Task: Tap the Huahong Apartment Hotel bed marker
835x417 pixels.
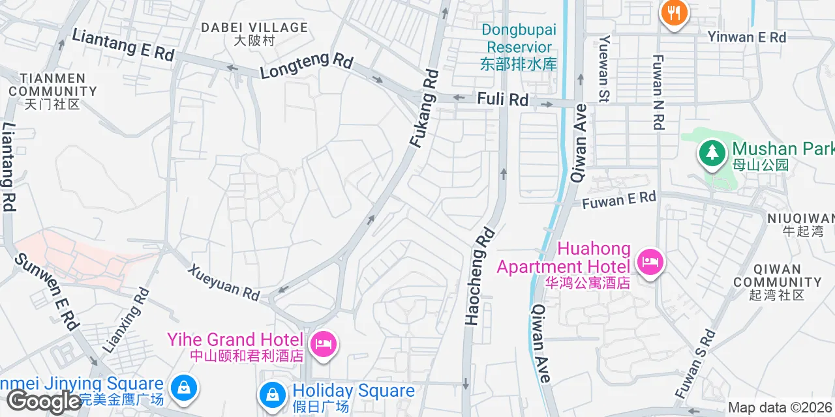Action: click(x=650, y=263)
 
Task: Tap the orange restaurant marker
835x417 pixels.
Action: click(x=673, y=12)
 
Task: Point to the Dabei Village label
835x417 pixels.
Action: click(x=254, y=33)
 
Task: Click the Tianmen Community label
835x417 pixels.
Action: click(x=52, y=91)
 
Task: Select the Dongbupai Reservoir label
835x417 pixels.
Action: click(x=519, y=47)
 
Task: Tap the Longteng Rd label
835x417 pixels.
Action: click(x=307, y=66)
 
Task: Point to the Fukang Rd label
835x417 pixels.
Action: click(x=425, y=108)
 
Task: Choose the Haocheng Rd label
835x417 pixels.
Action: click(x=479, y=276)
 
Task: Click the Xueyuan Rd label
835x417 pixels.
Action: click(x=224, y=281)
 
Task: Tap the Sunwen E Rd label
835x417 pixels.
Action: click(x=48, y=290)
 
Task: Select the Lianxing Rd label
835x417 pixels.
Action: click(x=127, y=320)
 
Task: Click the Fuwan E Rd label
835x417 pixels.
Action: click(x=618, y=200)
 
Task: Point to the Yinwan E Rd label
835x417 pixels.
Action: click(x=747, y=37)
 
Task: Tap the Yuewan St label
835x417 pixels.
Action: click(x=604, y=68)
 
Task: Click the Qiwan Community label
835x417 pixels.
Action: click(x=777, y=281)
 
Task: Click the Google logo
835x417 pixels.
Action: click(x=42, y=401)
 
